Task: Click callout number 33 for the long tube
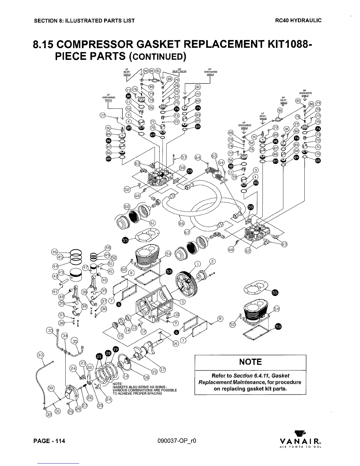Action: pos(40,355)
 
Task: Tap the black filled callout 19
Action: pos(116,349)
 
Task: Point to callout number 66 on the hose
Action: pos(181,223)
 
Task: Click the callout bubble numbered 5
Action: pos(182,302)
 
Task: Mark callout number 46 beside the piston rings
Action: pos(54,252)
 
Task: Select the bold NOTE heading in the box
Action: pos(250,362)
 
